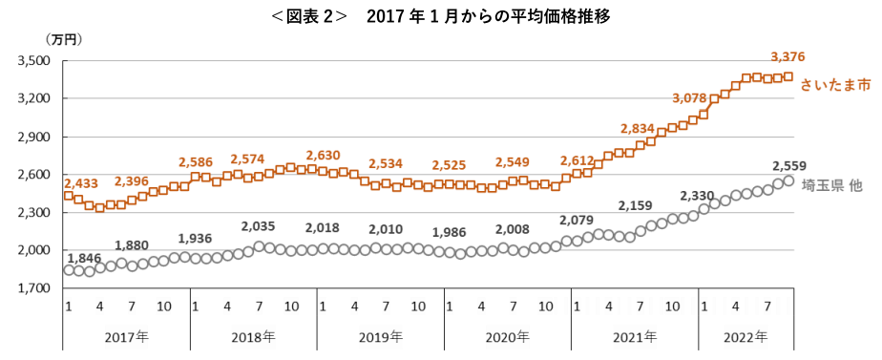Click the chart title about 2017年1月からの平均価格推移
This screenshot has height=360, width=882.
[x=441, y=16]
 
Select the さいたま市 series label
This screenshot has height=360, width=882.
[x=837, y=85]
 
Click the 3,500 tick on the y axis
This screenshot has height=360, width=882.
[x=35, y=61]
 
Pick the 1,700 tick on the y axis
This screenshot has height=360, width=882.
[x=35, y=288]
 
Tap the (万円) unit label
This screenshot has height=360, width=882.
[x=64, y=39]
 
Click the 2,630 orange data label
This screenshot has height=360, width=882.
[x=323, y=154]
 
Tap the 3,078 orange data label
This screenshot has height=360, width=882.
[x=689, y=99]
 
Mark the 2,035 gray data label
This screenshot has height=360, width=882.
[x=259, y=226]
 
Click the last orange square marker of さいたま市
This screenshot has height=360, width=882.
[x=788, y=76]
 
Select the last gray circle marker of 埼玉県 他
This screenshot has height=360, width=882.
[x=788, y=180]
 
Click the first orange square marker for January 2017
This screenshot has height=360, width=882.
[x=69, y=196]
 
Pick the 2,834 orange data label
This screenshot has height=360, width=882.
[x=639, y=128]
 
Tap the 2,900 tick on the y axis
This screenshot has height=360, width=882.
[x=35, y=138]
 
